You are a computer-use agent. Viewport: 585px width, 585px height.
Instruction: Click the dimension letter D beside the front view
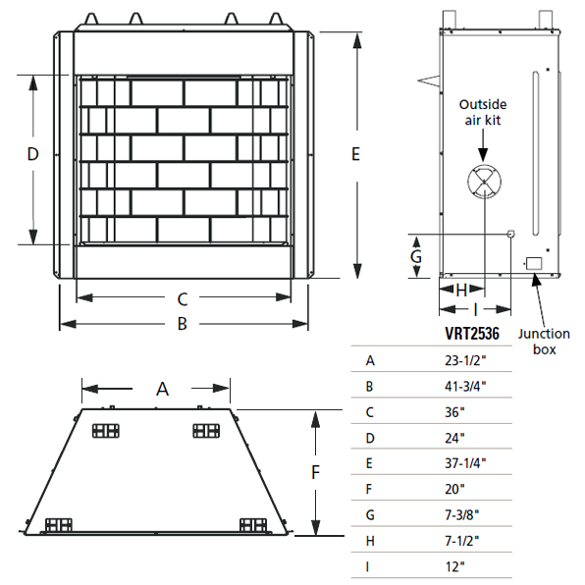click(x=31, y=155)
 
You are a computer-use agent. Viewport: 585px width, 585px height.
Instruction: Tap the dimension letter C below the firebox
click(x=182, y=298)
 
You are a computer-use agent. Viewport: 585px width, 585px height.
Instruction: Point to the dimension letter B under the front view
click(x=182, y=324)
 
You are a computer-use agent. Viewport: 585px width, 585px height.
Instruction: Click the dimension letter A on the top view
click(x=163, y=389)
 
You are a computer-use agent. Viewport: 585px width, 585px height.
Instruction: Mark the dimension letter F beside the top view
click(x=315, y=472)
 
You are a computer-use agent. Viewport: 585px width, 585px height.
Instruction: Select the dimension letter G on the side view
click(x=416, y=256)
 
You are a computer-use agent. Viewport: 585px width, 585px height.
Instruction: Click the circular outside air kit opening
click(x=483, y=182)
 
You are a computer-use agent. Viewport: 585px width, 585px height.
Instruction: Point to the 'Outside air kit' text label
click(x=483, y=112)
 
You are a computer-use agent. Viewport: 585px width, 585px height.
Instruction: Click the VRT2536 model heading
click(x=472, y=334)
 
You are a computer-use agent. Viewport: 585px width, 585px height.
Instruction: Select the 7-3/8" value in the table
click(x=461, y=513)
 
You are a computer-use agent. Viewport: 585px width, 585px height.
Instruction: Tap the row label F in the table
click(x=369, y=488)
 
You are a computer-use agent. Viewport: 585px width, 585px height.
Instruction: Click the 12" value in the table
click(x=453, y=564)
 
